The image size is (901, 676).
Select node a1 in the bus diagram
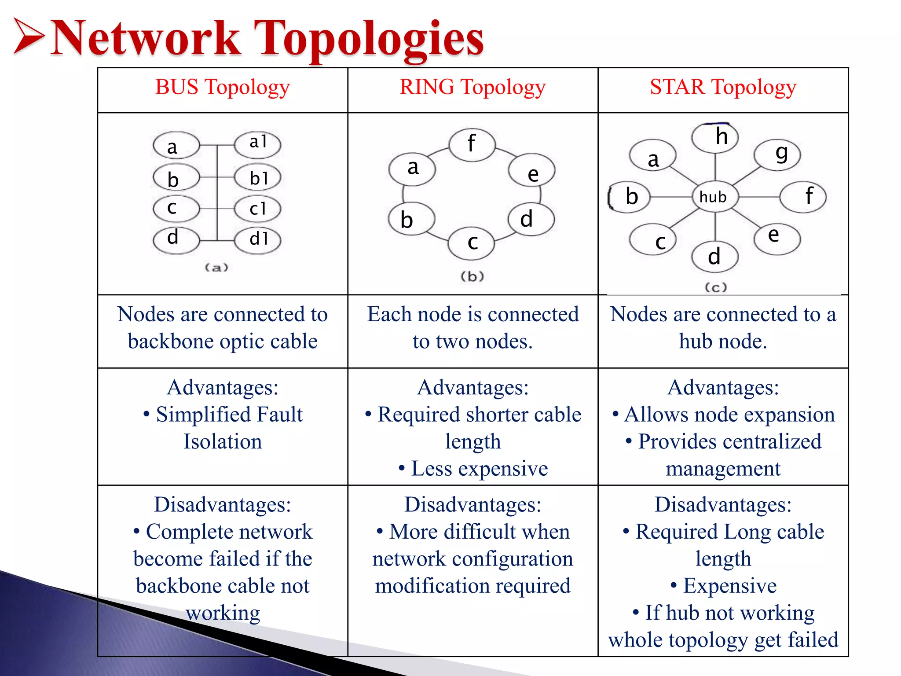click(258, 143)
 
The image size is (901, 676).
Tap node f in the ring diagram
click(472, 144)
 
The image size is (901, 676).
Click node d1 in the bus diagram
click(258, 239)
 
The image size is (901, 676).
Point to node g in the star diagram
click(777, 154)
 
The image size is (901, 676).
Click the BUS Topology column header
click(222, 87)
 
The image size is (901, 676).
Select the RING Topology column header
click(472, 87)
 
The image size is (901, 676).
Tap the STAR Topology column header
click(723, 87)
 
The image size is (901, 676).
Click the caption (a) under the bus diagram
click(216, 267)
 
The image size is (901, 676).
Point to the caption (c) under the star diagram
click(716, 287)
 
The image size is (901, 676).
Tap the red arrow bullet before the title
click(29, 36)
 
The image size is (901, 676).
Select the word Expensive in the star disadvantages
click(730, 586)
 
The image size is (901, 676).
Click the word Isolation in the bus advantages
click(223, 441)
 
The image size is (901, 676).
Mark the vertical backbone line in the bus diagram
click(217, 194)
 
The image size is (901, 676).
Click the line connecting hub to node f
click(758, 197)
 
